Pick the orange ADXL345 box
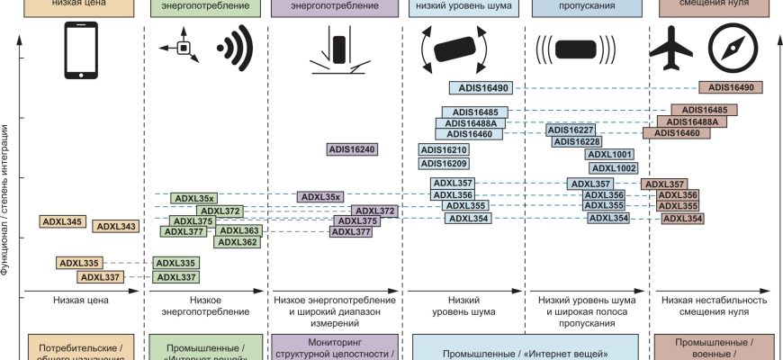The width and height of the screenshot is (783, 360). point(62,221)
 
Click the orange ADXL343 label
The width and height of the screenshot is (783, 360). point(116,227)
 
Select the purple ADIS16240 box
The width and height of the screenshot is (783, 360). point(351,150)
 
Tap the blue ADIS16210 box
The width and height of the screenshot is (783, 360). point(445,150)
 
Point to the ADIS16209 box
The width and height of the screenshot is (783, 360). point(445,164)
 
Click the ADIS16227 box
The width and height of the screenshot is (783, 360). point(571,130)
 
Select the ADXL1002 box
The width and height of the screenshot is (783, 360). point(613,168)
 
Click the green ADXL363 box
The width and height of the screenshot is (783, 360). point(238,231)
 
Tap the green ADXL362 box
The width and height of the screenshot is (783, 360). point(238,242)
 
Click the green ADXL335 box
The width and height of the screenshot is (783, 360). point(176,264)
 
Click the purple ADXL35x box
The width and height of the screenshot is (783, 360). point(320,197)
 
